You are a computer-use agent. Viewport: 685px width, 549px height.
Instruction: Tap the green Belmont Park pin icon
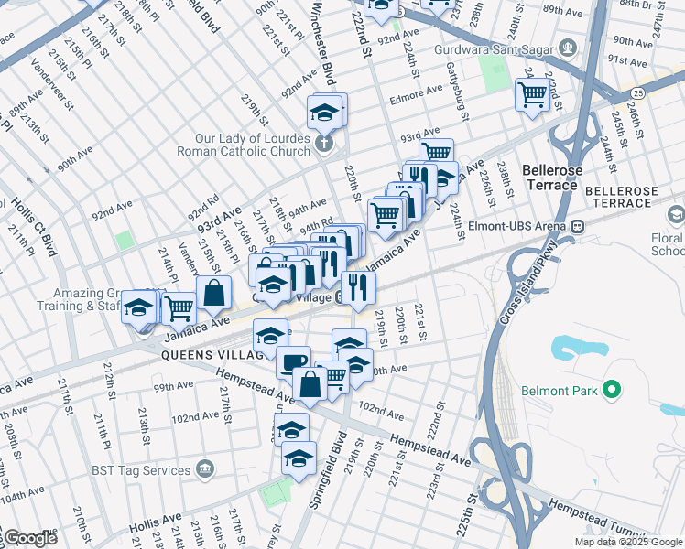(612, 391)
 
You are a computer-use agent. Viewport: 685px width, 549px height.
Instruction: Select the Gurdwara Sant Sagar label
(508, 47)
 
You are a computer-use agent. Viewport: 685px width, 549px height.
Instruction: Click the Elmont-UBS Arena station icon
(577, 226)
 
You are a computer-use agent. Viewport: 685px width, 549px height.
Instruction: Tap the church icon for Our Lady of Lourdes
(324, 144)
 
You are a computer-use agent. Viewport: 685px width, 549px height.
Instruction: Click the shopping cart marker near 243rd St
(532, 93)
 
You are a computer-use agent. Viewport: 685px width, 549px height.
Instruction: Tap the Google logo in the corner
(30, 538)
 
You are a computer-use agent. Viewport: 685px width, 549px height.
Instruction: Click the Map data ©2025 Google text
(628, 542)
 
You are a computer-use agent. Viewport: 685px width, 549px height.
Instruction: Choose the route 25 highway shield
(636, 92)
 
